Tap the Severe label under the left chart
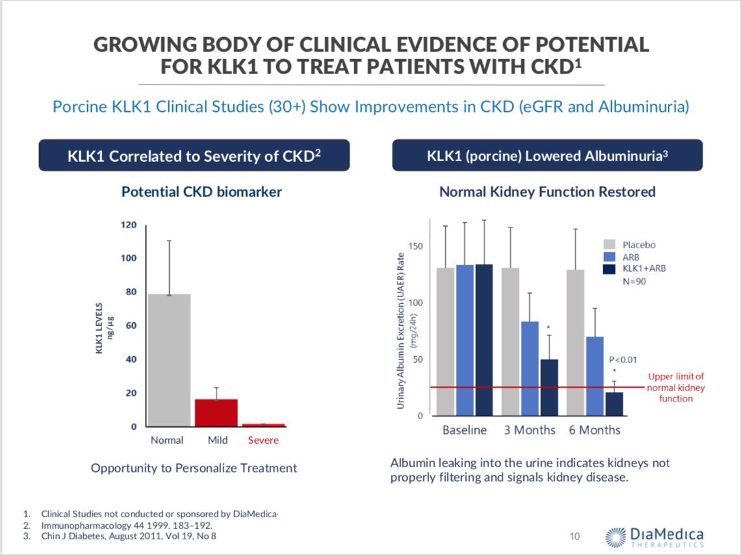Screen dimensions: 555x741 [263, 440]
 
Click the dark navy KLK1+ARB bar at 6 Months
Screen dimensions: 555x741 [614, 404]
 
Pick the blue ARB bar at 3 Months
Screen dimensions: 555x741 [530, 368]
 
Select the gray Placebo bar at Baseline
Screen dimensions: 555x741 [445, 341]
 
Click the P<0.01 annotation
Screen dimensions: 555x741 [622, 359]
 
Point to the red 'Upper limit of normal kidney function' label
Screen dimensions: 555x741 [676, 387]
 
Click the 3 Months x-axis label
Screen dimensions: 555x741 [530, 430]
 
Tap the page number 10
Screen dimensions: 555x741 [575, 536]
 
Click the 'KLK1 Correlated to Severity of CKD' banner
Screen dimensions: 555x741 [194, 156]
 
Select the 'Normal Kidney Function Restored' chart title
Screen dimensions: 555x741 [547, 192]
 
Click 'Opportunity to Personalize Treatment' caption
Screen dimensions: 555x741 [194, 468]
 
